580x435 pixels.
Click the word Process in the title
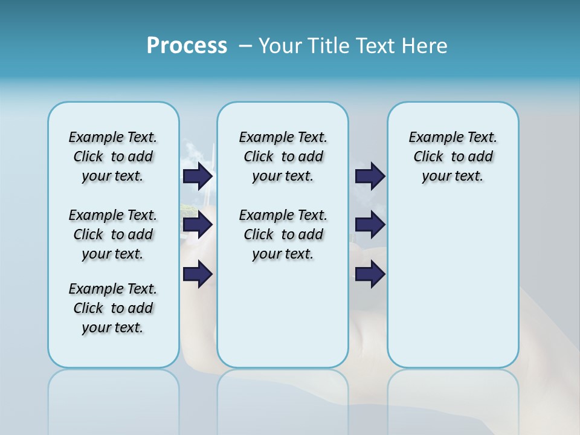pyautogui.click(x=187, y=46)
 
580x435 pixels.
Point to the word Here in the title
pyautogui.click(x=424, y=46)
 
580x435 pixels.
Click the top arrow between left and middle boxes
pyautogui.click(x=198, y=176)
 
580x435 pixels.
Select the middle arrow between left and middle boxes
pyautogui.click(x=198, y=225)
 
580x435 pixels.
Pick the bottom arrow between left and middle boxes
pyautogui.click(x=198, y=274)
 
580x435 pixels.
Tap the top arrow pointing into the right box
pyautogui.click(x=370, y=176)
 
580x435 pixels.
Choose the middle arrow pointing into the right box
pyautogui.click(x=370, y=225)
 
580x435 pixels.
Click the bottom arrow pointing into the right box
pyautogui.click(x=370, y=274)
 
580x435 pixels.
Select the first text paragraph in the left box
pyautogui.click(x=113, y=156)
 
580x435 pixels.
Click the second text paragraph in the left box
pyautogui.click(x=113, y=234)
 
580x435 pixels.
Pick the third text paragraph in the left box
pyautogui.click(x=113, y=308)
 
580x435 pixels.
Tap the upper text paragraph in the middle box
pyautogui.click(x=283, y=156)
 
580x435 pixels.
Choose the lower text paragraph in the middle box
pyautogui.click(x=283, y=234)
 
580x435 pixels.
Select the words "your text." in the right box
pyautogui.click(x=453, y=176)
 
